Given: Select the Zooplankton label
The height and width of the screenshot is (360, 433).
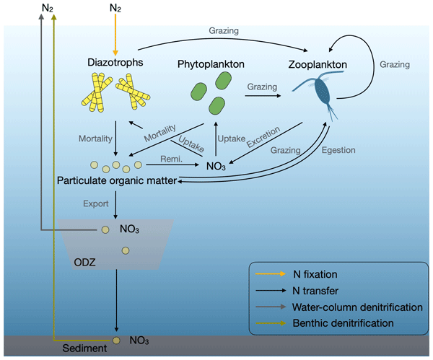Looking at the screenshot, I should (315, 65).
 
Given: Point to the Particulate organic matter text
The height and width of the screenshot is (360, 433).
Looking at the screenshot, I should (116, 180).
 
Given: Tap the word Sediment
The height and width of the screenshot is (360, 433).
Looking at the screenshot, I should (86, 348).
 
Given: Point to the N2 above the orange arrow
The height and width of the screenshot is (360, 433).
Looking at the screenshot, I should (115, 8).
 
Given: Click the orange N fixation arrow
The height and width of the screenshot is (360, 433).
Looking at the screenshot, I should (115, 33).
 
